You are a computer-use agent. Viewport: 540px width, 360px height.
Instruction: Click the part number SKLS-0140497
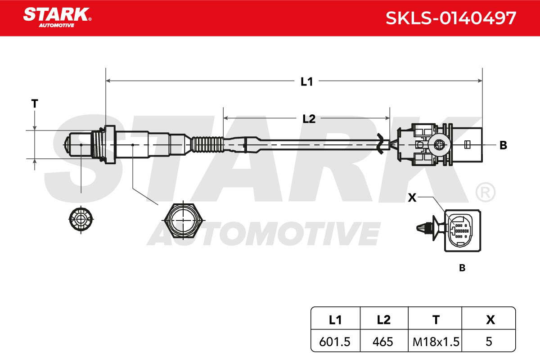[451, 18]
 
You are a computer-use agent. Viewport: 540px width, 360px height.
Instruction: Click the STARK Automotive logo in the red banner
[58, 18]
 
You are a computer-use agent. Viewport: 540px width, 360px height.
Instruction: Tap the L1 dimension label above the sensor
[306, 82]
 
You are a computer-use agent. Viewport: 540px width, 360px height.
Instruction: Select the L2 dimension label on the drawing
[309, 119]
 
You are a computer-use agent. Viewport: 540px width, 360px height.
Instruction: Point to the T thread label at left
[35, 103]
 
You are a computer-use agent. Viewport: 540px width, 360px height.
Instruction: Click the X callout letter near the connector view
[412, 198]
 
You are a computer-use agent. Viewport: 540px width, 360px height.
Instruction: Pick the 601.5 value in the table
[335, 342]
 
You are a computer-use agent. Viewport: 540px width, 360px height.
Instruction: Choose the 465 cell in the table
[383, 342]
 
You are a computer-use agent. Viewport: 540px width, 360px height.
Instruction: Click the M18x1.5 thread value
[436, 342]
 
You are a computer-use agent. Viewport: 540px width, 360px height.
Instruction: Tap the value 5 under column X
[489, 342]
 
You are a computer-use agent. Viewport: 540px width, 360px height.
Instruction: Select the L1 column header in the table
[335, 320]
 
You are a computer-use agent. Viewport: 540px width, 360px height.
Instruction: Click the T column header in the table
[436, 320]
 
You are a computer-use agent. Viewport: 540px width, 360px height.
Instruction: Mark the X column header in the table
[490, 320]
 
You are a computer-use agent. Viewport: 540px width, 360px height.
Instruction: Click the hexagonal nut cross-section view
[183, 220]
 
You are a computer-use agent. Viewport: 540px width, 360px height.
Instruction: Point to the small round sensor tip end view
[81, 220]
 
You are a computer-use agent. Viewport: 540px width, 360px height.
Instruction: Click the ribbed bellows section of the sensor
[207, 145]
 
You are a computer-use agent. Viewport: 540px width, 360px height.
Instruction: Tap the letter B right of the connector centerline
[503, 145]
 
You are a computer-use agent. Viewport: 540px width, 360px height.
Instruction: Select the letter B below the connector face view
[462, 268]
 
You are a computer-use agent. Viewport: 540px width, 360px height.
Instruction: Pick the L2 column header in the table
[383, 320]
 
